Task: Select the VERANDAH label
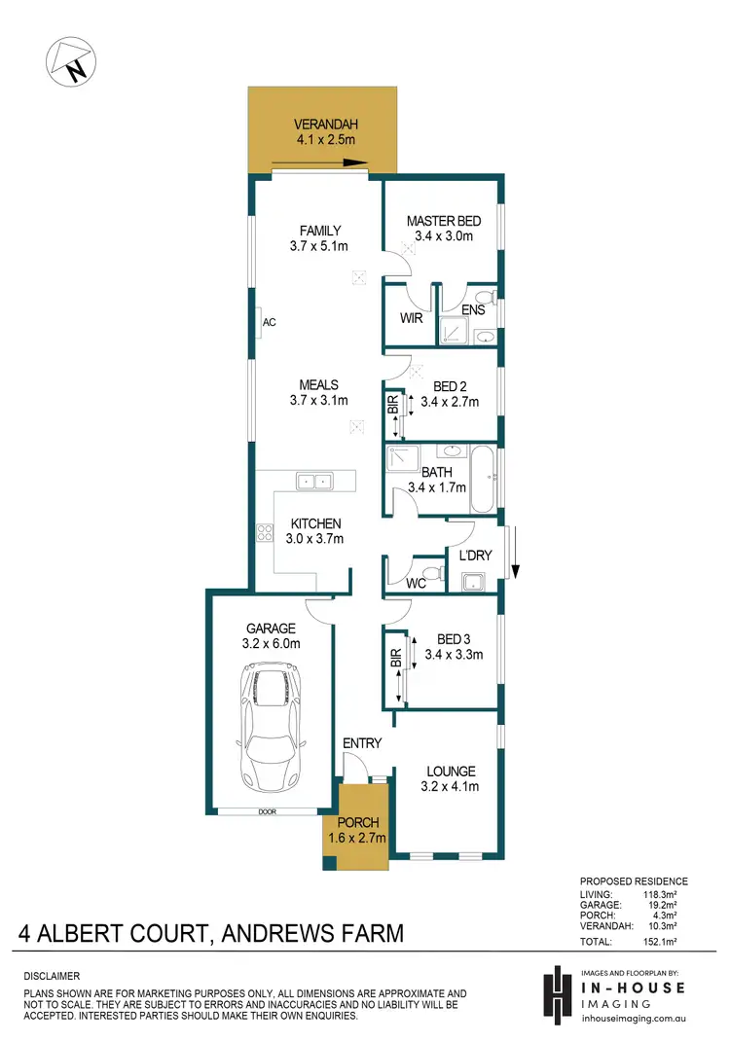(x=321, y=125)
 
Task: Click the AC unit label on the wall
(x=270, y=322)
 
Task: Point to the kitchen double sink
(x=314, y=481)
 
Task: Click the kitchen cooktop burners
(x=264, y=531)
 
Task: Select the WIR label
(x=411, y=317)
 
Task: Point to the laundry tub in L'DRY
(x=474, y=582)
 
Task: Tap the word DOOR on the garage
(x=268, y=810)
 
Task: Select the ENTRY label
(x=362, y=743)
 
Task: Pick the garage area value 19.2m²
(x=670, y=904)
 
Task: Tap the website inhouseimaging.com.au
(x=633, y=1019)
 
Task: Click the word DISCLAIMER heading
(x=53, y=975)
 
